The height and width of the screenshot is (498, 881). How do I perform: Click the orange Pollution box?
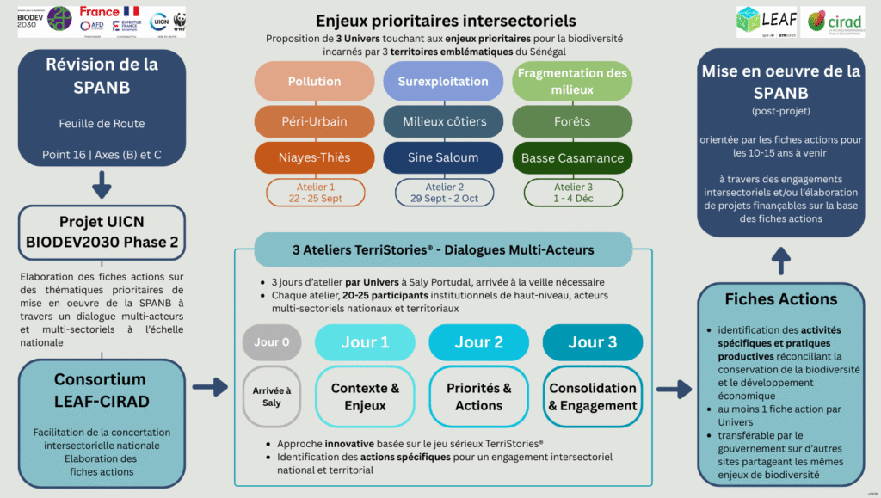pyautogui.click(x=314, y=82)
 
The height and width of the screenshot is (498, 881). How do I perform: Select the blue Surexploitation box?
pyautogui.click(x=443, y=82)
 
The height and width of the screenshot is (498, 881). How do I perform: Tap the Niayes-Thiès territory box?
pyautogui.click(x=314, y=158)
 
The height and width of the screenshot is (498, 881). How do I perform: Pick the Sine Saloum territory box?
pyautogui.click(x=443, y=158)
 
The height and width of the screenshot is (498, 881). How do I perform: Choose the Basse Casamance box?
pyautogui.click(x=572, y=158)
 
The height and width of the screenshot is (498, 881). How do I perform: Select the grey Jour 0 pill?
pyautogui.click(x=272, y=342)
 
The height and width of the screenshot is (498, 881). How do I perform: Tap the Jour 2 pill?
pyautogui.click(x=479, y=342)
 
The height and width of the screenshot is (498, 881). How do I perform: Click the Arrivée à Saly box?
pyautogui.click(x=272, y=397)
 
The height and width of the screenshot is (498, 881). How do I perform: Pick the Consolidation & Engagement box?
pyautogui.click(x=592, y=397)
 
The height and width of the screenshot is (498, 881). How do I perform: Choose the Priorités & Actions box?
pyautogui.click(x=479, y=397)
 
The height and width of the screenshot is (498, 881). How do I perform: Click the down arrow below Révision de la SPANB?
pyautogui.click(x=102, y=182)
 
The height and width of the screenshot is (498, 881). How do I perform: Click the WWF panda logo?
pyautogui.click(x=179, y=21)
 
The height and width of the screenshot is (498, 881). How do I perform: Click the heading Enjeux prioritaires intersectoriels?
pyautogui.click(x=445, y=21)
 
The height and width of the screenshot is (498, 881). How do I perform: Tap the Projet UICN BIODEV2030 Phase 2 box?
pyautogui.click(x=102, y=232)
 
